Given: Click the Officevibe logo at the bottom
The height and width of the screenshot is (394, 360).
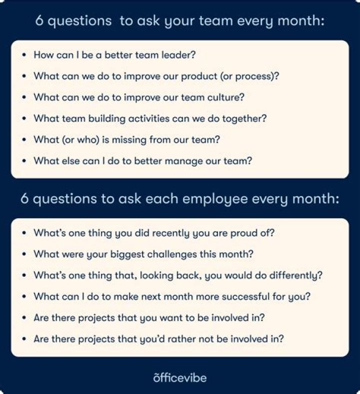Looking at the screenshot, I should [179, 377].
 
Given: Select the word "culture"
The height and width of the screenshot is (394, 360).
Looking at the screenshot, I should [228, 97].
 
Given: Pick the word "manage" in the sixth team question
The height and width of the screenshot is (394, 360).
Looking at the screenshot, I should [191, 161].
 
